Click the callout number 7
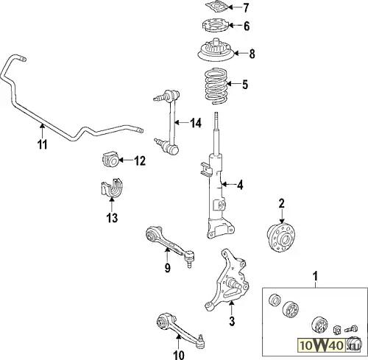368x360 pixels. pos(246,7)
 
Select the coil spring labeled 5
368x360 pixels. pos(216,87)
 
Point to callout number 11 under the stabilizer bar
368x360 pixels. pos(42,144)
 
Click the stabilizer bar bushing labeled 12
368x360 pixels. pos(110,159)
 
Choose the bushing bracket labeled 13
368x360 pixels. pos(112,188)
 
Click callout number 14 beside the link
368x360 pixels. pos(196,122)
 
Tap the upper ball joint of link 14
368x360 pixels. pos(167,96)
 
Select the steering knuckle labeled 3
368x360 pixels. pos(227,280)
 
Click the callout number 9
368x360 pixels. pos(167,267)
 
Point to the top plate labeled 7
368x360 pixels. pos(216,7)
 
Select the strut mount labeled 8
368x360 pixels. pos(216,52)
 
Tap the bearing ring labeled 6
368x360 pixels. pos(216,26)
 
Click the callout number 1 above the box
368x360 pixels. pos(316,276)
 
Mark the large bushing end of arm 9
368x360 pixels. pos(152,235)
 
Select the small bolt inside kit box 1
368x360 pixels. pos(351,328)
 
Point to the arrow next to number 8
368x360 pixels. pos(240,53)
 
